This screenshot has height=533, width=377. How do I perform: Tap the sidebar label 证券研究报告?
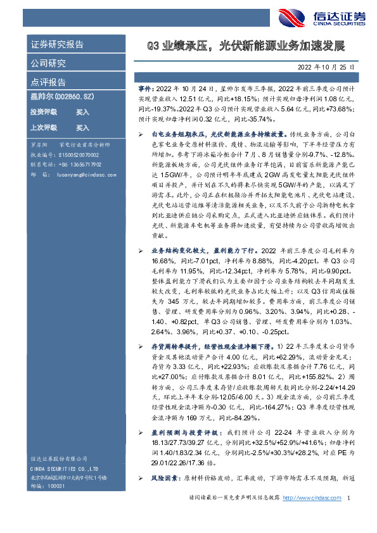57,45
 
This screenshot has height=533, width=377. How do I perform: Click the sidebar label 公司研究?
48,63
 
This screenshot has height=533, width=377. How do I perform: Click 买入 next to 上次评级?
82,127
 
